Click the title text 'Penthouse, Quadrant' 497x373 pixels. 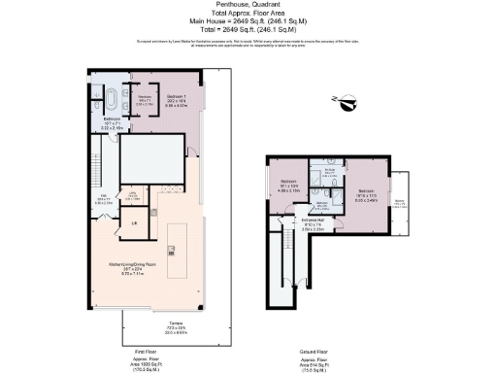click(248, 5)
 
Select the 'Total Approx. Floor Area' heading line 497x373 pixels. click(248, 15)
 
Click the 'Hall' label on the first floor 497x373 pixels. click(103, 200)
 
